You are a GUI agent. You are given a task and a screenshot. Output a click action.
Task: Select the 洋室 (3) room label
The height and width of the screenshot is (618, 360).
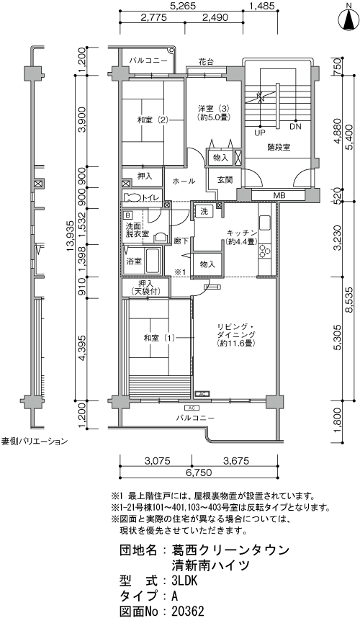click(x=214, y=112)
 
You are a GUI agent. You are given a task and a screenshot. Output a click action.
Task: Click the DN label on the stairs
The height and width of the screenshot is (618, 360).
click(x=294, y=127)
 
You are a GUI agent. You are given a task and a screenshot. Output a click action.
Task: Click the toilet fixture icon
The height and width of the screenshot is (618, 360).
click(x=133, y=197)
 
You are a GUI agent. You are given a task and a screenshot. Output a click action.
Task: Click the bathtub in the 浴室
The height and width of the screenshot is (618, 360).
click(x=153, y=259)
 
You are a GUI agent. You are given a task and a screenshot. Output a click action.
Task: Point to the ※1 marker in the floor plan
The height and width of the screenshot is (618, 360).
click(x=180, y=272)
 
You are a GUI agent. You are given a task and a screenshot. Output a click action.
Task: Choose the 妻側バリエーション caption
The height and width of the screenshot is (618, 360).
click(x=34, y=440)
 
